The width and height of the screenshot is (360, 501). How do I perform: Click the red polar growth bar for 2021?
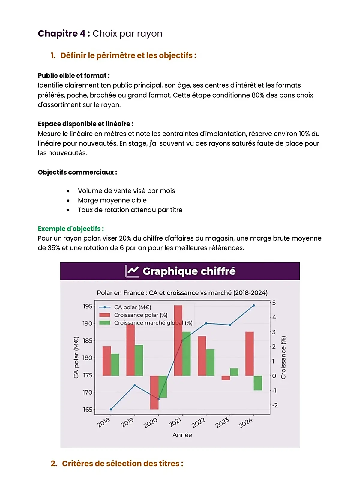(x=178, y=340)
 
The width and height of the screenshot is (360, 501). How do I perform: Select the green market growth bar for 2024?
(x=258, y=383)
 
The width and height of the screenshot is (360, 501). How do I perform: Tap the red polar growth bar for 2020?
(x=154, y=392)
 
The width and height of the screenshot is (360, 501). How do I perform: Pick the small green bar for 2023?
(x=234, y=372)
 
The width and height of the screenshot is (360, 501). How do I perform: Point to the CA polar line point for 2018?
(x=111, y=409)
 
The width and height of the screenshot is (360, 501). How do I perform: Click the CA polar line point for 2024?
(x=254, y=305)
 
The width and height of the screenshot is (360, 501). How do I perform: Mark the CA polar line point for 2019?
(x=135, y=385)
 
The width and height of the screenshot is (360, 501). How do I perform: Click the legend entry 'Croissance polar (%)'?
(x=140, y=315)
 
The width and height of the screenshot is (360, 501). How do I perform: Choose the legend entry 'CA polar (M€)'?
(x=132, y=307)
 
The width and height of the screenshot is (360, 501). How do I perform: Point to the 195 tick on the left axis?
(x=88, y=306)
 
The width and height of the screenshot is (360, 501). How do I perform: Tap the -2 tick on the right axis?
(x=275, y=405)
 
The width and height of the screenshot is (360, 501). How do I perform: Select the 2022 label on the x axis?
(x=198, y=423)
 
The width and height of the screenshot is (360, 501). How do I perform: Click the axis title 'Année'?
(x=182, y=435)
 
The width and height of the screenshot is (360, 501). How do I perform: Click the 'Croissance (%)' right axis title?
(x=283, y=357)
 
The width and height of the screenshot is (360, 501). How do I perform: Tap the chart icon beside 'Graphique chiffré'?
(x=132, y=271)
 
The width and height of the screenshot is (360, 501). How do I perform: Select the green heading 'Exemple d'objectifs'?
(x=71, y=229)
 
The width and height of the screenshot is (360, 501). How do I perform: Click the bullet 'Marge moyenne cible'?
(x=112, y=200)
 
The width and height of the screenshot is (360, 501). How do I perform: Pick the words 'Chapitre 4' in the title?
(x=62, y=33)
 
